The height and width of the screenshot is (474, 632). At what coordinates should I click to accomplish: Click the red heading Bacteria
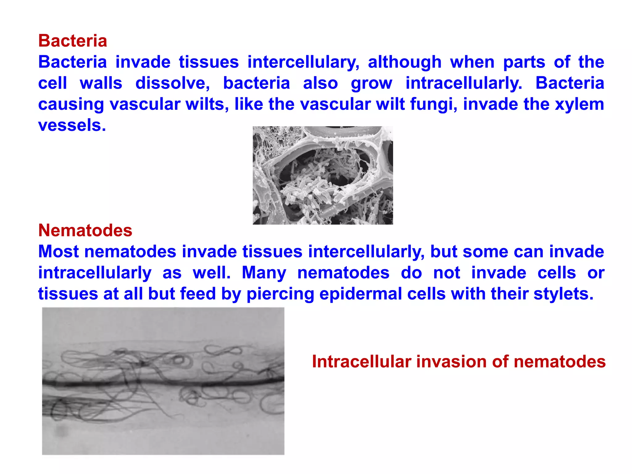73,41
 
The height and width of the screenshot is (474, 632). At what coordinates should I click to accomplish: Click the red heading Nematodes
85,230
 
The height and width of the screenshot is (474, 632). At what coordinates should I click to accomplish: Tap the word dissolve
173,83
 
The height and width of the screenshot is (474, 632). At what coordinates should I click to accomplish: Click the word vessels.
72,125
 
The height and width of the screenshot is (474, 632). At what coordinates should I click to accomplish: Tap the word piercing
280,293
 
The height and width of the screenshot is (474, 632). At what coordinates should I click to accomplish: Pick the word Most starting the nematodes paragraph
59,252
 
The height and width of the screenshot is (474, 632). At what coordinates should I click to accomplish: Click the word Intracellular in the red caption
361,361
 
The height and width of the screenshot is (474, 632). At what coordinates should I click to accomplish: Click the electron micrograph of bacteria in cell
322,175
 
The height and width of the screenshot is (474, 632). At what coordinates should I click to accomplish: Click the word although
405,62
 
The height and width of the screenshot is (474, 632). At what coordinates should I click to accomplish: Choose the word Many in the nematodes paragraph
264,272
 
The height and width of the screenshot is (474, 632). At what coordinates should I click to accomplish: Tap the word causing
71,104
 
